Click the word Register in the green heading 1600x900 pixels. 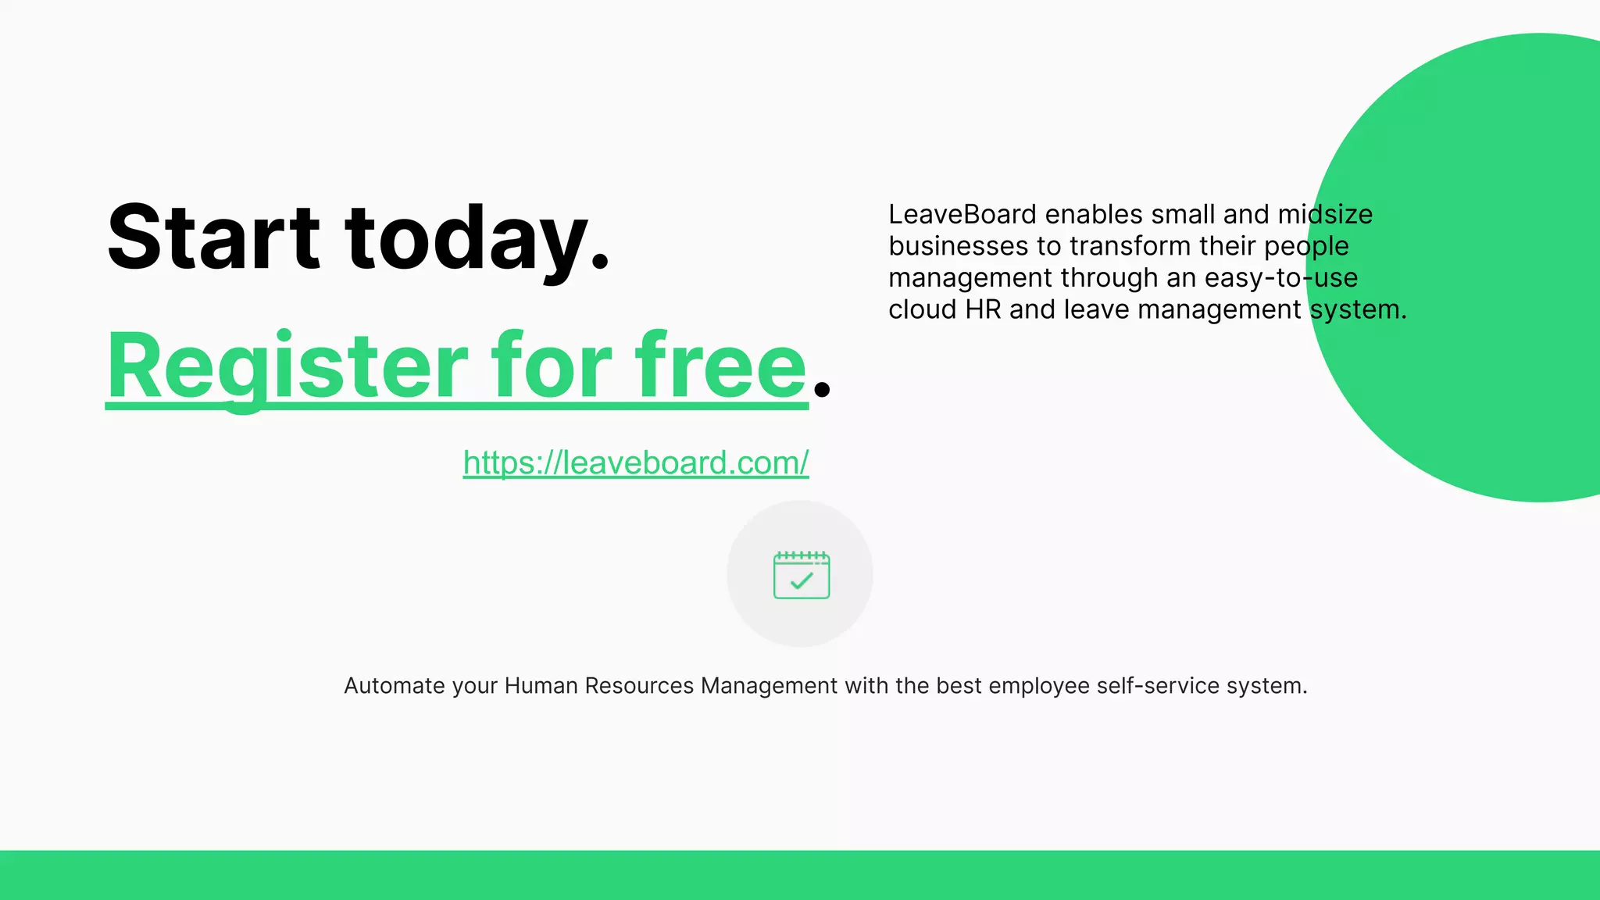click(287, 366)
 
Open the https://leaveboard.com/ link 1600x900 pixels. click(635, 462)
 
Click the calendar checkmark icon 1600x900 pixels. click(801, 575)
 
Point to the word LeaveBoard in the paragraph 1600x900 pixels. click(962, 214)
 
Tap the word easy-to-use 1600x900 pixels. click(1280, 277)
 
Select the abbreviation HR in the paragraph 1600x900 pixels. click(983, 309)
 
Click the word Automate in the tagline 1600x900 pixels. click(394, 685)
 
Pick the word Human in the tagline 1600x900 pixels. click(541, 685)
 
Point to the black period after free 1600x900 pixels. click(821, 387)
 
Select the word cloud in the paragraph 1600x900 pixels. click(923, 309)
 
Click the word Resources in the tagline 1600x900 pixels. click(639, 685)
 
